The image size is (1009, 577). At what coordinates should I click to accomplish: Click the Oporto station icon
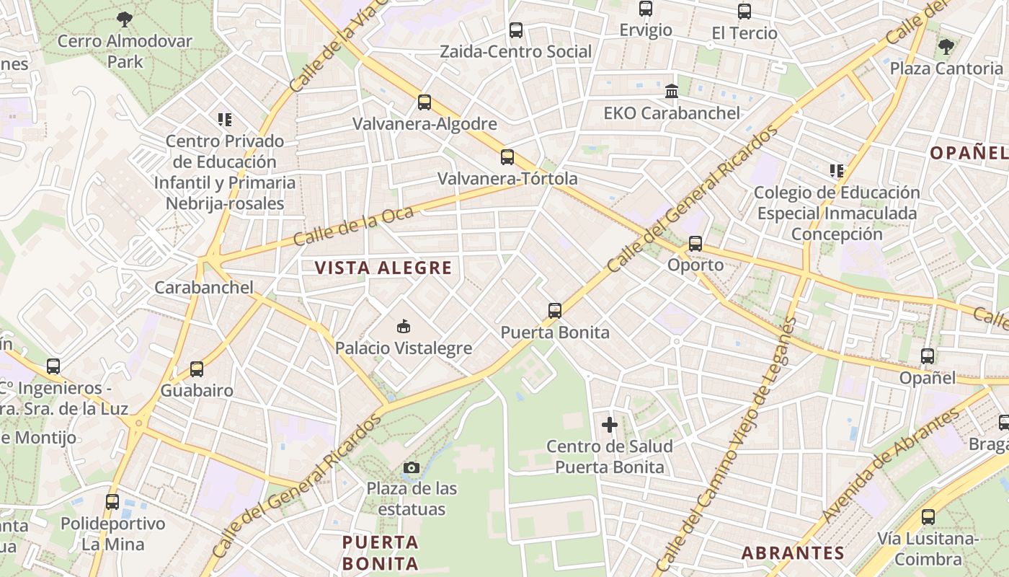pyautogui.click(x=695, y=244)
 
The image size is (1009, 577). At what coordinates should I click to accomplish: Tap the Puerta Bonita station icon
pyautogui.click(x=554, y=311)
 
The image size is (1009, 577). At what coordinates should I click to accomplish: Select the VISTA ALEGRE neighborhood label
pyautogui.click(x=383, y=268)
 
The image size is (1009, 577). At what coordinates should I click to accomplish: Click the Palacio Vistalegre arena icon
pyautogui.click(x=404, y=327)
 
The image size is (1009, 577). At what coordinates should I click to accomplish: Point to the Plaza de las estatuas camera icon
pyautogui.click(x=412, y=468)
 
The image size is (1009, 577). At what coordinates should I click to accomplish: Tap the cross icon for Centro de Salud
pyautogui.click(x=610, y=425)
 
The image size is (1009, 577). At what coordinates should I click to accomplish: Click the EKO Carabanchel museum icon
pyautogui.click(x=672, y=92)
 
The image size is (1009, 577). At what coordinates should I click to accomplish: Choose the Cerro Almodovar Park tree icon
pyautogui.click(x=125, y=19)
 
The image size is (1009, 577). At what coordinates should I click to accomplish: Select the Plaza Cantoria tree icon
pyautogui.click(x=946, y=47)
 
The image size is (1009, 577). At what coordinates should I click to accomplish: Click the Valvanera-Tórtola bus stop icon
pyautogui.click(x=507, y=157)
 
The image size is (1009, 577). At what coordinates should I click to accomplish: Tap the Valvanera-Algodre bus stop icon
pyautogui.click(x=425, y=102)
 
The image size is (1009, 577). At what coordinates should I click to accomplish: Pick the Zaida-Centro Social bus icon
pyautogui.click(x=516, y=30)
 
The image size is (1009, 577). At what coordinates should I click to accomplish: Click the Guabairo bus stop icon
pyautogui.click(x=197, y=369)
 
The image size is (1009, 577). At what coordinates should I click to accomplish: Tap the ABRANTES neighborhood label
pyautogui.click(x=793, y=553)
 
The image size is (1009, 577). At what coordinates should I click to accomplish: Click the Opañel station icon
pyautogui.click(x=928, y=356)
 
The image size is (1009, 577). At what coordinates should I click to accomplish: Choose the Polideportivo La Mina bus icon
pyautogui.click(x=112, y=502)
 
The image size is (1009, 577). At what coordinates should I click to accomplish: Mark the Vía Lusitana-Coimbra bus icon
pyautogui.click(x=928, y=517)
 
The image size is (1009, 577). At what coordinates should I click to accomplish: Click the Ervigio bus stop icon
pyautogui.click(x=646, y=9)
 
